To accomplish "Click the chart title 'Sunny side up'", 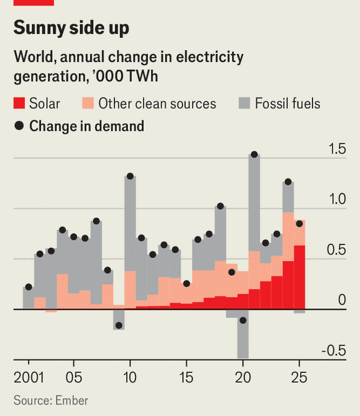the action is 71,28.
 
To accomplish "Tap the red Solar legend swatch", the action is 19,103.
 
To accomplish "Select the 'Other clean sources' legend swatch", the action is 88,103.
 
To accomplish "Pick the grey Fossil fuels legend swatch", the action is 245,103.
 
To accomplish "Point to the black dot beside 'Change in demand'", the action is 19,125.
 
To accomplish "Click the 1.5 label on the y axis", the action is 337,149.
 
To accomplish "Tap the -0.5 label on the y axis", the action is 334,351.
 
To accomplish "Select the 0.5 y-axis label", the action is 336,250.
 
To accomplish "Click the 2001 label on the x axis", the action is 28,378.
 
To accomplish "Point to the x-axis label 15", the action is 187,378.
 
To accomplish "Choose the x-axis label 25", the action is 299,378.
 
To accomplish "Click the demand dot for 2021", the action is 255,154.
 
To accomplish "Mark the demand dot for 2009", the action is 119,325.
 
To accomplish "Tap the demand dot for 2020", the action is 243,320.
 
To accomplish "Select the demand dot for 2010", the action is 130,176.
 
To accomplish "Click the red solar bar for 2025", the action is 300,278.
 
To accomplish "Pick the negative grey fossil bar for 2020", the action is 243,334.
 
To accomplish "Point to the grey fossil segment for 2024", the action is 288,197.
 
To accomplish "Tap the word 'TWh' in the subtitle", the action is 142,76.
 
